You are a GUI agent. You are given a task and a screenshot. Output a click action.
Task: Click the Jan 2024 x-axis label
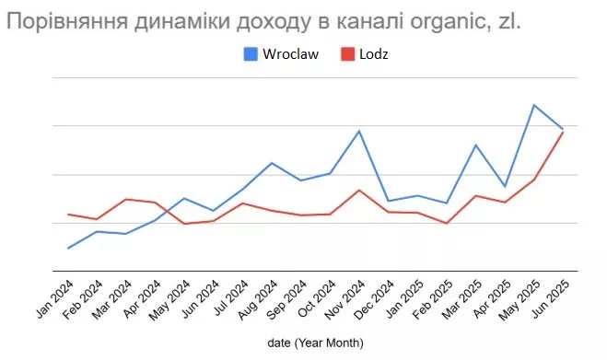(x=55, y=298)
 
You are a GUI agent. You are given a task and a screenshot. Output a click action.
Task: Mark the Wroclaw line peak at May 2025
(x=533, y=105)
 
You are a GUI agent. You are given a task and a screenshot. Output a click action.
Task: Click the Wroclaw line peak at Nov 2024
(x=359, y=131)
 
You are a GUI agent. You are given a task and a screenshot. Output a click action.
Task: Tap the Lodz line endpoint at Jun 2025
(x=563, y=133)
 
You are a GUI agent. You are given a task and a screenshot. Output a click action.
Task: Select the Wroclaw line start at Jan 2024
(x=68, y=248)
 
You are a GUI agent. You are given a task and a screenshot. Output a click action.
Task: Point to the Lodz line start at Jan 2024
(x=68, y=214)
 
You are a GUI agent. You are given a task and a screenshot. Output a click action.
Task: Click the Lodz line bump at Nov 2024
(x=359, y=190)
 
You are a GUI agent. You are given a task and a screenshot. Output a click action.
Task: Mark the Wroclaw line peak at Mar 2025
(x=475, y=145)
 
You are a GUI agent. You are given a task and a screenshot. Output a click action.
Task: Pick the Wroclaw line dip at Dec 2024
(x=388, y=201)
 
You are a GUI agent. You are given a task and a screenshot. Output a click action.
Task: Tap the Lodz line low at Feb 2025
(x=446, y=223)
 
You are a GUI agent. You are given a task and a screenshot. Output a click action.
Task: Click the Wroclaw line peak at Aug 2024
(x=271, y=163)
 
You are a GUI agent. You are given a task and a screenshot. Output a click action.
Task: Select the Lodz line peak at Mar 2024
(x=125, y=199)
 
